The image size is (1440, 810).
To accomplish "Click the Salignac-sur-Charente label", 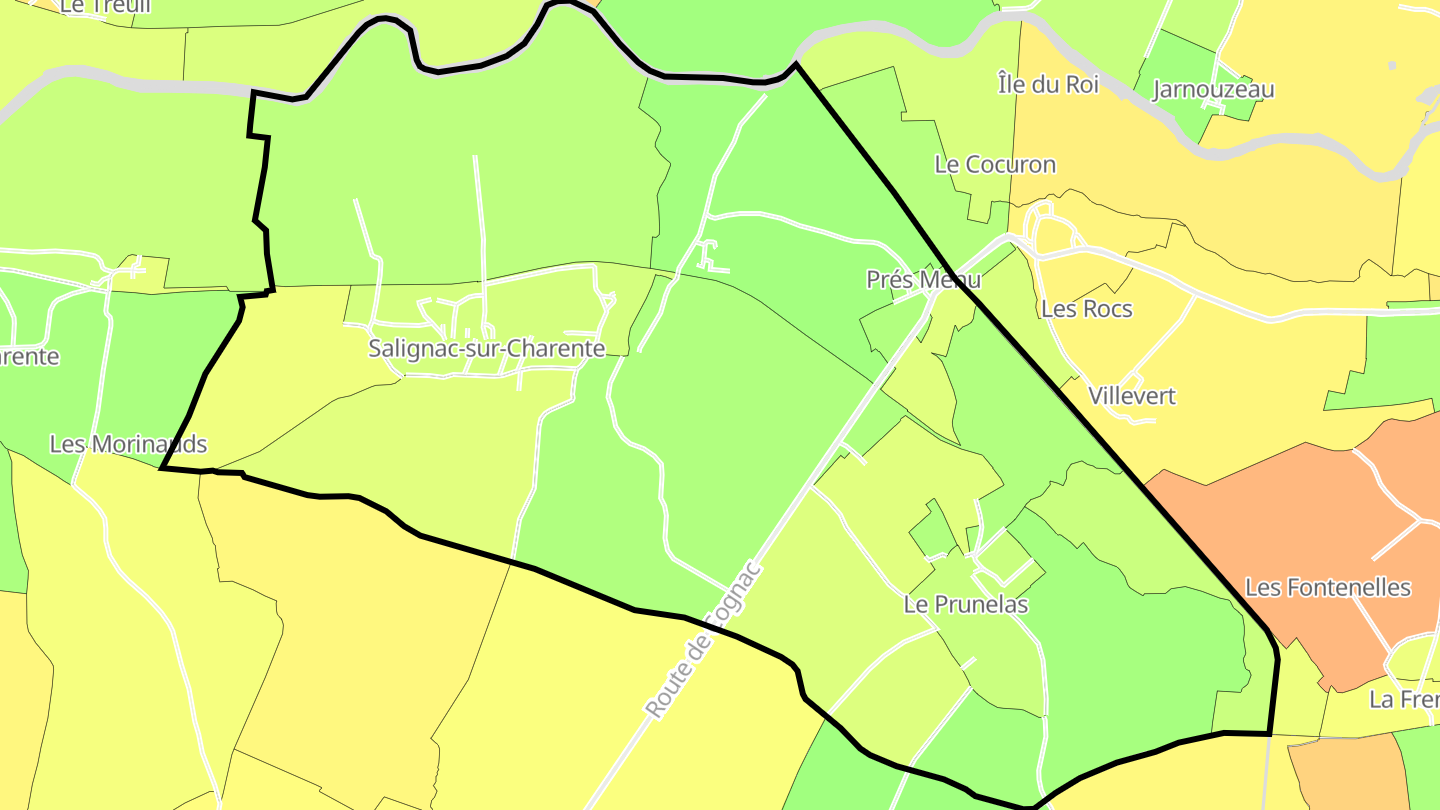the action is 487,349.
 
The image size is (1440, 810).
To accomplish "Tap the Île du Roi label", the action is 1048,84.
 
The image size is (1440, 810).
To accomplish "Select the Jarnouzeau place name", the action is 1213,90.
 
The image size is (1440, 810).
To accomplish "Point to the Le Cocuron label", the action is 995,164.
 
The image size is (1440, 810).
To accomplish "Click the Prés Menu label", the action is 923,280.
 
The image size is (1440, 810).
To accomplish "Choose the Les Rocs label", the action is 1086,309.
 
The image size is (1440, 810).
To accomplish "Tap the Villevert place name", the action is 1132,396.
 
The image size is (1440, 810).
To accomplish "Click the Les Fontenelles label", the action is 1328,588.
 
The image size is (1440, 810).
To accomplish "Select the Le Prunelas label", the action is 965,605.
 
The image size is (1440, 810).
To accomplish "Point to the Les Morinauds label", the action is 128,444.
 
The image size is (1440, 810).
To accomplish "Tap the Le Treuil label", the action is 91,7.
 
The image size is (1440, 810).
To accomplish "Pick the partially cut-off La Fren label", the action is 1403,700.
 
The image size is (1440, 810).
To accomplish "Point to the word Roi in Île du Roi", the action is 1082,84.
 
